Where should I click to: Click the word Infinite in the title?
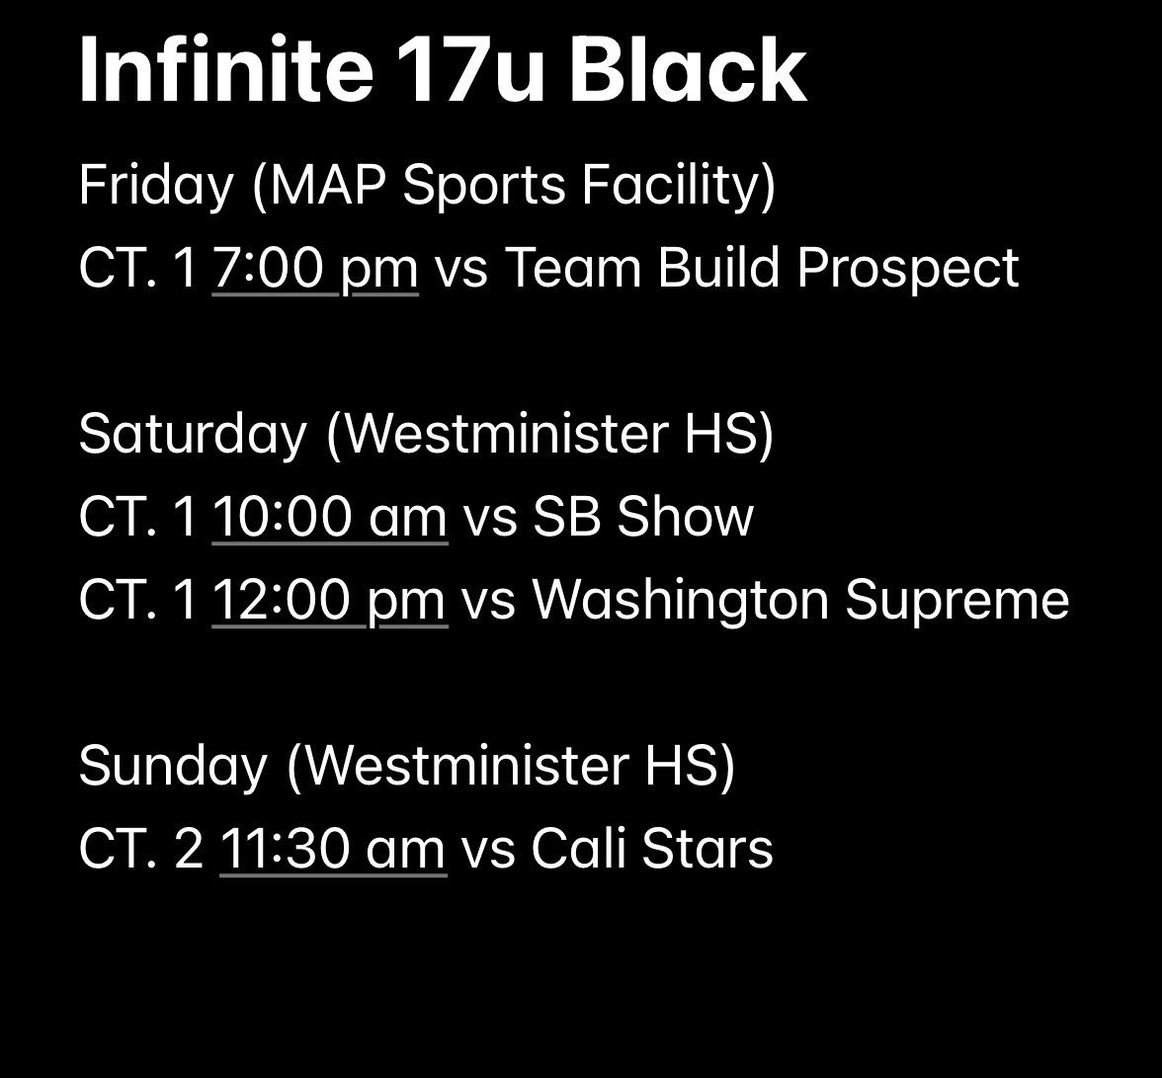(x=225, y=71)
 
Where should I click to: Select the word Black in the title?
(x=689, y=71)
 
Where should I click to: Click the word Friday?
(x=155, y=186)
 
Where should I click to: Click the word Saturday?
(x=193, y=434)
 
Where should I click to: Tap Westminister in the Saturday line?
(x=504, y=434)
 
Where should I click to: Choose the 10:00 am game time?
(x=330, y=517)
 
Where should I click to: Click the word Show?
(x=685, y=517)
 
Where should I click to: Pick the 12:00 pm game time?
(x=330, y=600)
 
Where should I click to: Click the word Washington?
(x=680, y=600)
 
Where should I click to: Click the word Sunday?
(x=173, y=766)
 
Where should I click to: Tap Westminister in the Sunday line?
(x=465, y=766)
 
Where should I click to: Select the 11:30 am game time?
(x=333, y=849)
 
